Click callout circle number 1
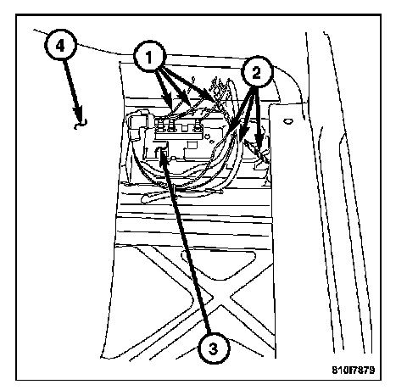(x=149, y=57)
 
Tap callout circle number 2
(x=257, y=72)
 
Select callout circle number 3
(x=214, y=348)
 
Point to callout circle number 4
(x=60, y=45)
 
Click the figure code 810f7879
(x=354, y=370)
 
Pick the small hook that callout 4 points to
(x=81, y=124)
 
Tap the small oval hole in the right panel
(x=287, y=121)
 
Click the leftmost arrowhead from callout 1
(x=169, y=104)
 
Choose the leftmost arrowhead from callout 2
(x=236, y=125)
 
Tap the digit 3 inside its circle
(x=214, y=348)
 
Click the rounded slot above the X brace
(x=219, y=263)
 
